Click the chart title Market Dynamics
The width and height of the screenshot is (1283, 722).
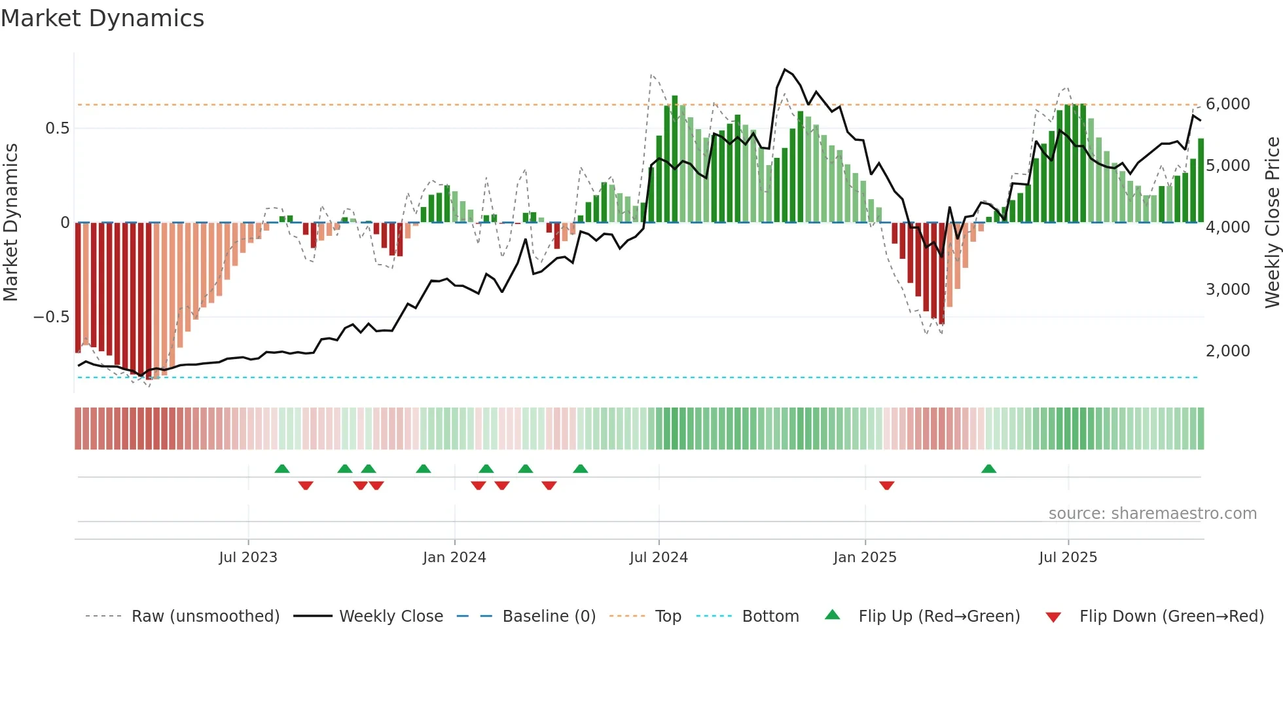click(102, 18)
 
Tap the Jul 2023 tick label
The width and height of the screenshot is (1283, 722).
click(248, 558)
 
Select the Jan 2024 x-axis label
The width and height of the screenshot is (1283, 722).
click(454, 558)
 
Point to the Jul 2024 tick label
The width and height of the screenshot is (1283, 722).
click(659, 558)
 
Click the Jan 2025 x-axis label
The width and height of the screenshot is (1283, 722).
click(865, 558)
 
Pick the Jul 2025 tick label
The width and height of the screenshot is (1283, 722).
click(1068, 558)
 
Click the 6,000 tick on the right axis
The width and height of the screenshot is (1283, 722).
click(1228, 104)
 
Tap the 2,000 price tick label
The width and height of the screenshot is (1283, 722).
click(1228, 351)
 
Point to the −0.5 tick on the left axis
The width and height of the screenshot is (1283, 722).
click(51, 317)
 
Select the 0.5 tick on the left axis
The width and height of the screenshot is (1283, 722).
click(57, 128)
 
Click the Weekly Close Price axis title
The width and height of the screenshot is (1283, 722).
click(1272, 223)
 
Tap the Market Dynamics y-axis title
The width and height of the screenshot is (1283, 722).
click(10, 223)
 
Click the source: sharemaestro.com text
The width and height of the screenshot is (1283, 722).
click(1152, 514)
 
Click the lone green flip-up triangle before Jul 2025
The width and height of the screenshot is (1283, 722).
click(988, 469)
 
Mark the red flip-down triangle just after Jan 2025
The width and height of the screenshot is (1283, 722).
click(887, 485)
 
